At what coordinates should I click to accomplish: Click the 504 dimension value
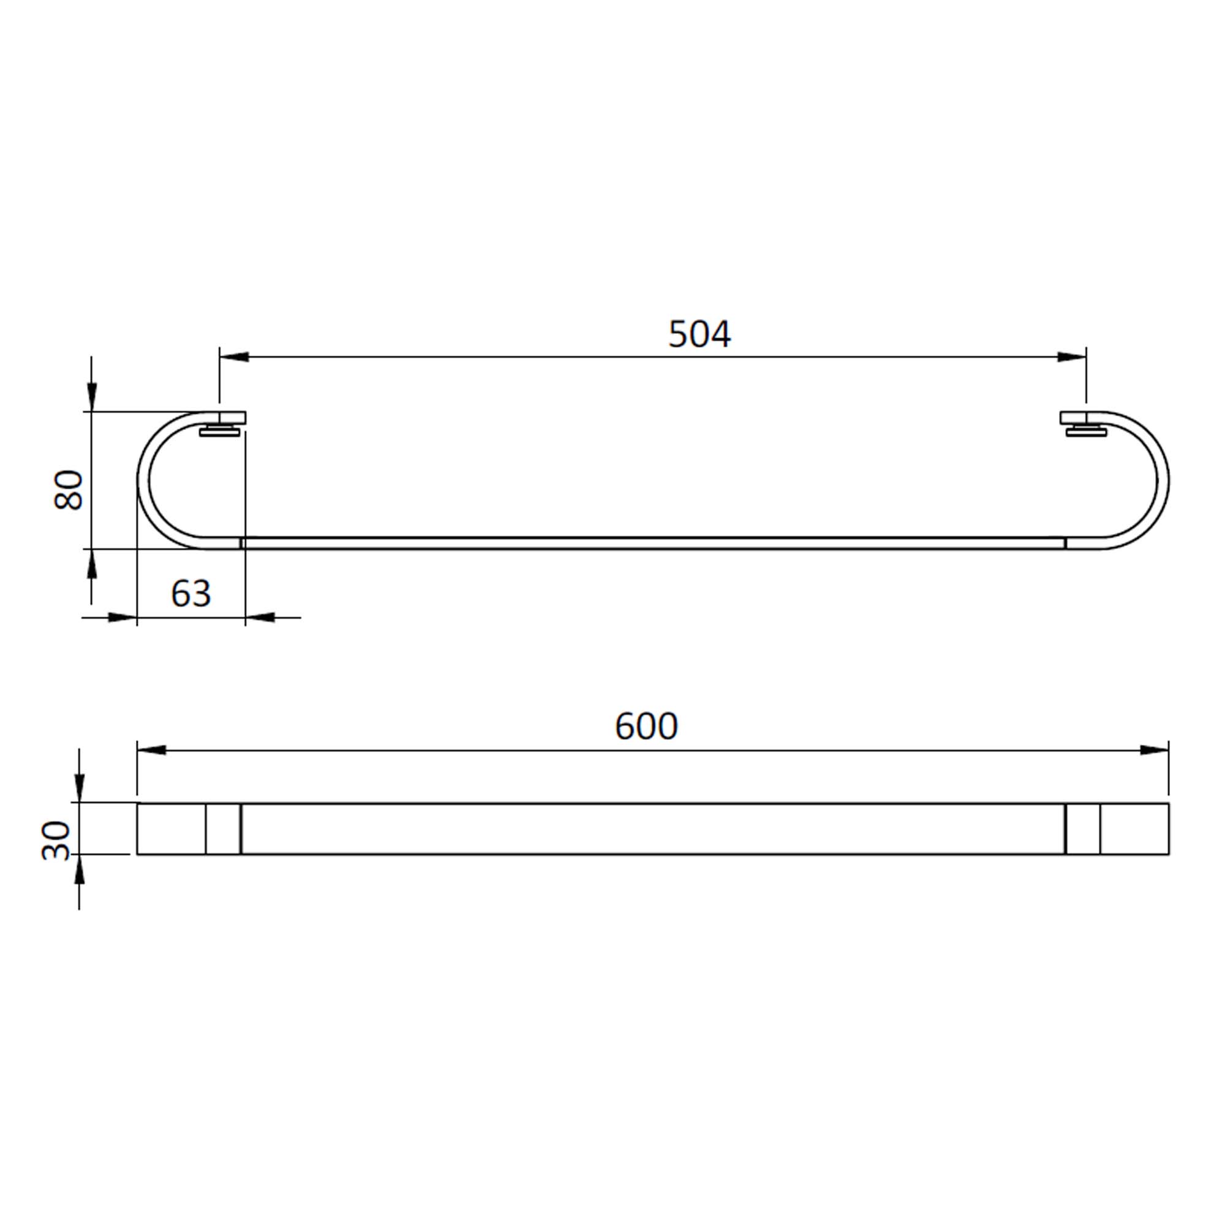click(x=699, y=334)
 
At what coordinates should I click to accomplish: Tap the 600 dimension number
click(x=646, y=726)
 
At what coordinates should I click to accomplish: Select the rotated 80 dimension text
click(x=69, y=489)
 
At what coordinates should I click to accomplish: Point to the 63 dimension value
click(x=190, y=594)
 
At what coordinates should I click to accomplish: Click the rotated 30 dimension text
click(x=56, y=841)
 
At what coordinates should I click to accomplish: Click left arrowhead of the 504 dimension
click(x=234, y=357)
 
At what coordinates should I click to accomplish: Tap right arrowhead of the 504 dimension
click(x=1071, y=357)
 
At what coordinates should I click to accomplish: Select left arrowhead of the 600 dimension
click(x=151, y=750)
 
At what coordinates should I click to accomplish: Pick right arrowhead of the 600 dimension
click(x=1154, y=750)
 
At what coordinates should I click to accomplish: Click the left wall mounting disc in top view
click(x=219, y=432)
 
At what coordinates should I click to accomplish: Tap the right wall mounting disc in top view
click(x=1086, y=432)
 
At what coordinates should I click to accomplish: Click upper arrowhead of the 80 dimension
click(x=92, y=397)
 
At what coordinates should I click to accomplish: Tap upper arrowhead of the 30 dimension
click(x=79, y=788)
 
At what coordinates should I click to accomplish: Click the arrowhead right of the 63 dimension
click(x=260, y=617)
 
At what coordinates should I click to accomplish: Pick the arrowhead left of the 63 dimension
click(x=122, y=617)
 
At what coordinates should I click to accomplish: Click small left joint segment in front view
click(x=223, y=829)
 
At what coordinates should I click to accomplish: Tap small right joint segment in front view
click(x=1083, y=829)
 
